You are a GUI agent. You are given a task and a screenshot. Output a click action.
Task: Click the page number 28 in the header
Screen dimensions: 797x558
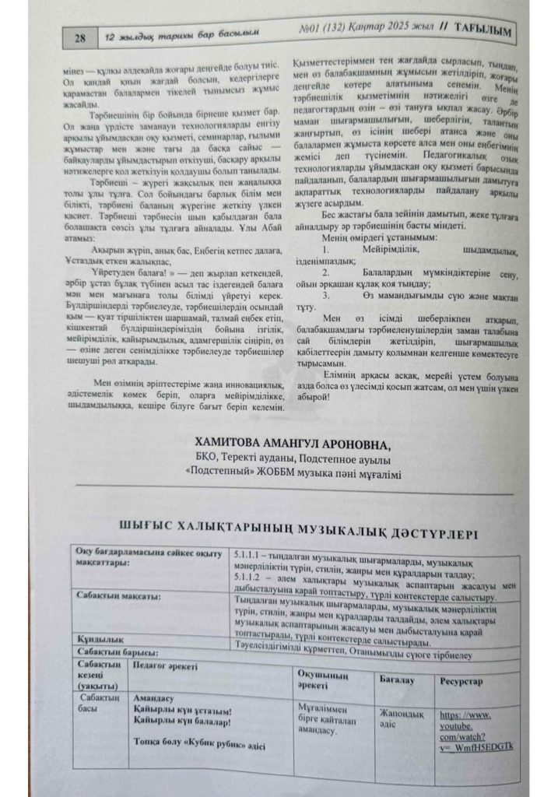(x=80, y=36)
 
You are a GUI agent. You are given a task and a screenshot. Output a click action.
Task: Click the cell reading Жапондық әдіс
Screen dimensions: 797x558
(x=400, y=718)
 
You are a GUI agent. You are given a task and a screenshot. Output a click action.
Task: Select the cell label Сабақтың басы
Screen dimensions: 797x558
(x=98, y=704)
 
